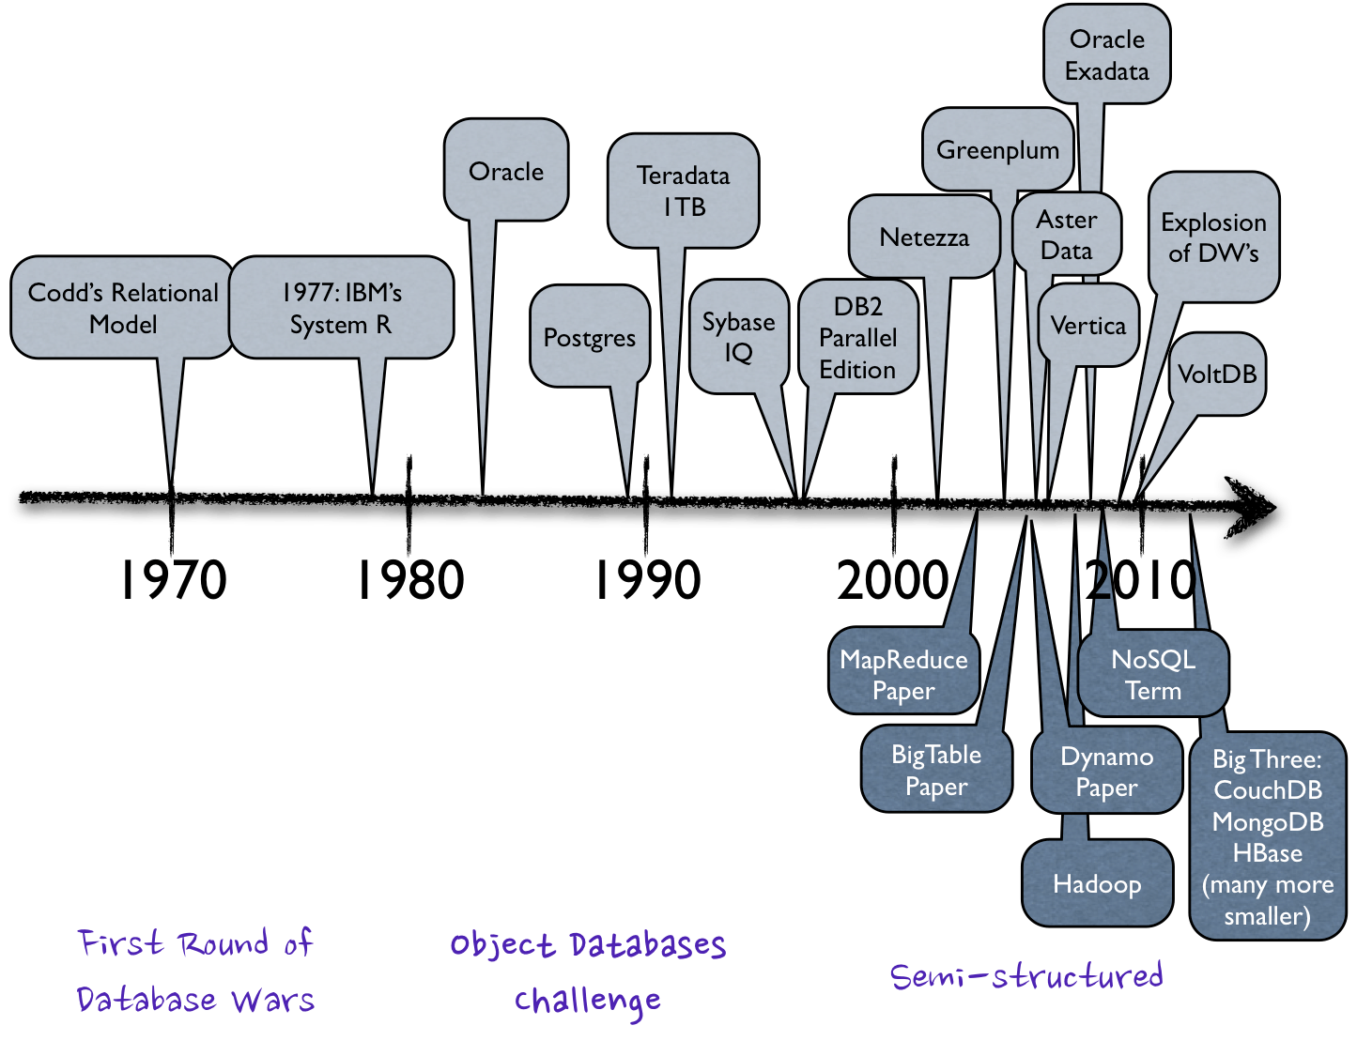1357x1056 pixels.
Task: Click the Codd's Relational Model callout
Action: tap(122, 308)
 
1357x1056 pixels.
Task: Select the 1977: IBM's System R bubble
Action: tap(341, 308)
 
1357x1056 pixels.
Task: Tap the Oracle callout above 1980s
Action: tap(506, 171)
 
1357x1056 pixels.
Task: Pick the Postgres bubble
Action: tap(590, 338)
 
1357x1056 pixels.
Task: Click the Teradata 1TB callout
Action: tap(683, 191)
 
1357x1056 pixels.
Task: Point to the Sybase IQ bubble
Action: tap(739, 336)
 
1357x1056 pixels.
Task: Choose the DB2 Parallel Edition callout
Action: tap(857, 338)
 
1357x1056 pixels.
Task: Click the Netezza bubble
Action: tap(924, 237)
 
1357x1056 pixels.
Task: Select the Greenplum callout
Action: tap(997, 150)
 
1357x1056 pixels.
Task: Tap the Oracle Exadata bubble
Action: tap(1107, 54)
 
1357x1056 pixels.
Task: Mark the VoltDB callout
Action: tap(1217, 374)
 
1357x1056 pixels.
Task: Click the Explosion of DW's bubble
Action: tap(1213, 237)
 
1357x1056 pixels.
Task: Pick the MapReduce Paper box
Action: tap(903, 674)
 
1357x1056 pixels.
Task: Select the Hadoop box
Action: tap(1097, 883)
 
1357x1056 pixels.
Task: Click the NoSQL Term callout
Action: tap(1153, 674)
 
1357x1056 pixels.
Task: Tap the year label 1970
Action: tap(173, 580)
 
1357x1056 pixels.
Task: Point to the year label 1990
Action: tap(647, 580)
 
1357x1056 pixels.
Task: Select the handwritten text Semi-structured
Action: tap(1026, 976)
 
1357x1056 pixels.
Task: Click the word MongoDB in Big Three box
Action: tap(1267, 821)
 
